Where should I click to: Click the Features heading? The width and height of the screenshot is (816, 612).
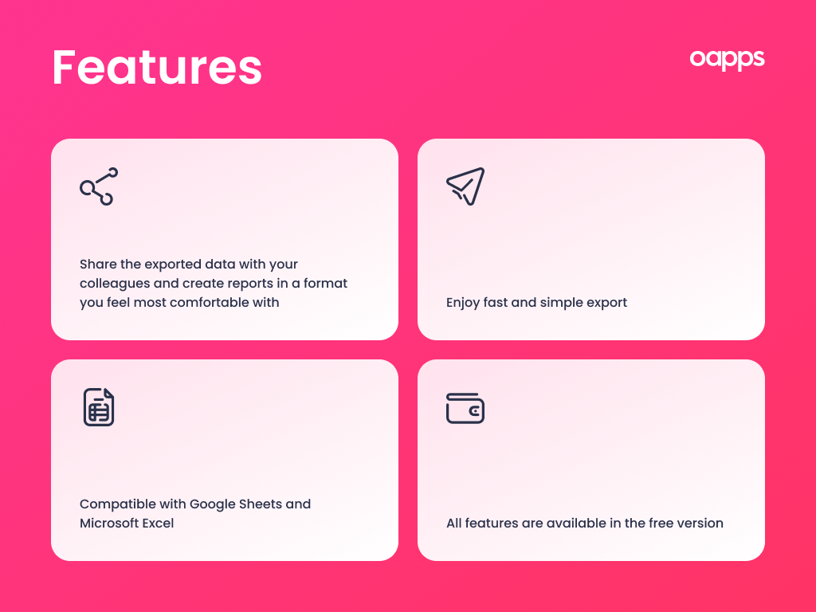pyautogui.click(x=157, y=68)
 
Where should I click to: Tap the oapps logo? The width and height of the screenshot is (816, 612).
pyautogui.click(x=727, y=59)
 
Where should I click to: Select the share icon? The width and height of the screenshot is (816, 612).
pyautogui.click(x=99, y=186)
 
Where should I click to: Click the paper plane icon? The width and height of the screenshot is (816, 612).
pyautogui.click(x=465, y=186)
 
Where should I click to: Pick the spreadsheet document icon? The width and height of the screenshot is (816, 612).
pyautogui.click(x=99, y=407)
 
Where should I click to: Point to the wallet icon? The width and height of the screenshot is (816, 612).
pyautogui.click(x=465, y=408)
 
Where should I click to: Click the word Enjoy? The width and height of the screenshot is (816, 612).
pyautogui.click(x=463, y=303)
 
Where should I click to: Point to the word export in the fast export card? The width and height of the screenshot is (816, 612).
pyautogui.click(x=606, y=303)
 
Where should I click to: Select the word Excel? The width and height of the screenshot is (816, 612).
pyautogui.click(x=158, y=524)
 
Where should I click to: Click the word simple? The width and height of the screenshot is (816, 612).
pyautogui.click(x=562, y=303)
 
